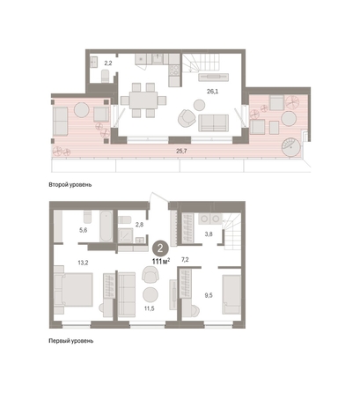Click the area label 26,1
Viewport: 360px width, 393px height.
click(212, 92)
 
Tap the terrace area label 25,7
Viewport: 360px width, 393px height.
click(181, 151)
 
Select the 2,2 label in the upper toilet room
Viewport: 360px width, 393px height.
click(108, 63)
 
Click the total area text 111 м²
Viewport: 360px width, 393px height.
click(161, 261)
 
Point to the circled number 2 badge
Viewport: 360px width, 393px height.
click(160, 248)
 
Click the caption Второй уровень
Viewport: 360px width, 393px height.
click(70, 185)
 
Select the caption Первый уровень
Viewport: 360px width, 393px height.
click(71, 341)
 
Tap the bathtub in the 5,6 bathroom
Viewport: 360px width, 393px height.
click(106, 226)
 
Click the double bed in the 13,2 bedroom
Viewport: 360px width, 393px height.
click(74, 290)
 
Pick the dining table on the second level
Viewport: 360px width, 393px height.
click(143, 100)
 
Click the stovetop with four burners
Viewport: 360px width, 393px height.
click(174, 70)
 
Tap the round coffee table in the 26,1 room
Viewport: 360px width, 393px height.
click(200, 105)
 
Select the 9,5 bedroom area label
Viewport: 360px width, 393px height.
click(209, 295)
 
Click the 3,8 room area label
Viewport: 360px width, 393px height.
click(209, 234)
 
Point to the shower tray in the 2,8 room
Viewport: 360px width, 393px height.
click(126, 235)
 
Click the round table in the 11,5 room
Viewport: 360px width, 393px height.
click(151, 294)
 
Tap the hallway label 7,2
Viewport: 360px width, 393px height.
click(185, 260)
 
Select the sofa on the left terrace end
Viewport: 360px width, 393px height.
click(61, 122)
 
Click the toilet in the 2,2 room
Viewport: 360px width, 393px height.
click(105, 76)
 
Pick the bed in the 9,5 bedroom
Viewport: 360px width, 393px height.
click(231, 294)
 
